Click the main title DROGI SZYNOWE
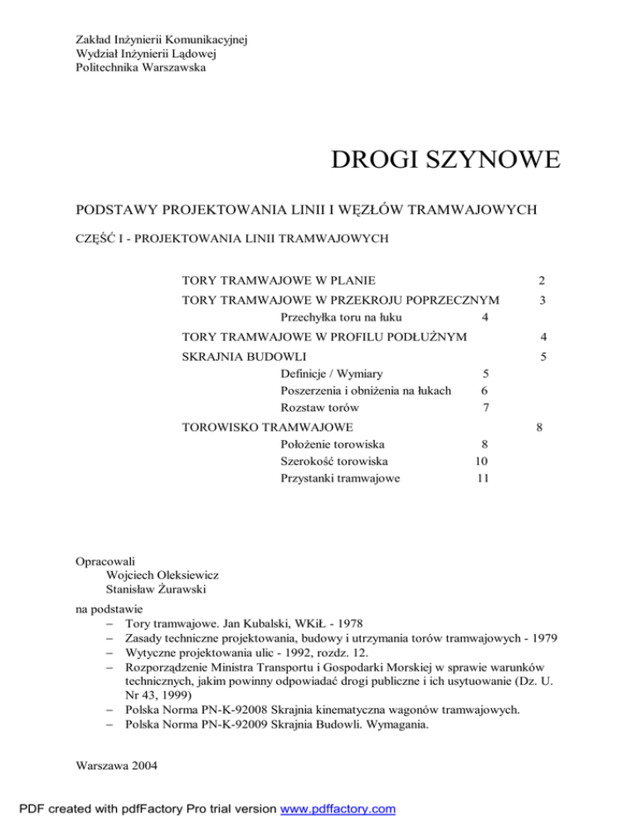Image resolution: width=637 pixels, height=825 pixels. [445, 158]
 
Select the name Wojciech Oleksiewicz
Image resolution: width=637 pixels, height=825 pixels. [163, 574]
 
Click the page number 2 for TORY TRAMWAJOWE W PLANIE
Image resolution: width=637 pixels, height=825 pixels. [540, 282]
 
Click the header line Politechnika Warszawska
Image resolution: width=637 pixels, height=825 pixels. [140, 67]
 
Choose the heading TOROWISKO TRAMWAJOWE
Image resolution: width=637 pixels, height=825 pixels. [268, 428]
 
